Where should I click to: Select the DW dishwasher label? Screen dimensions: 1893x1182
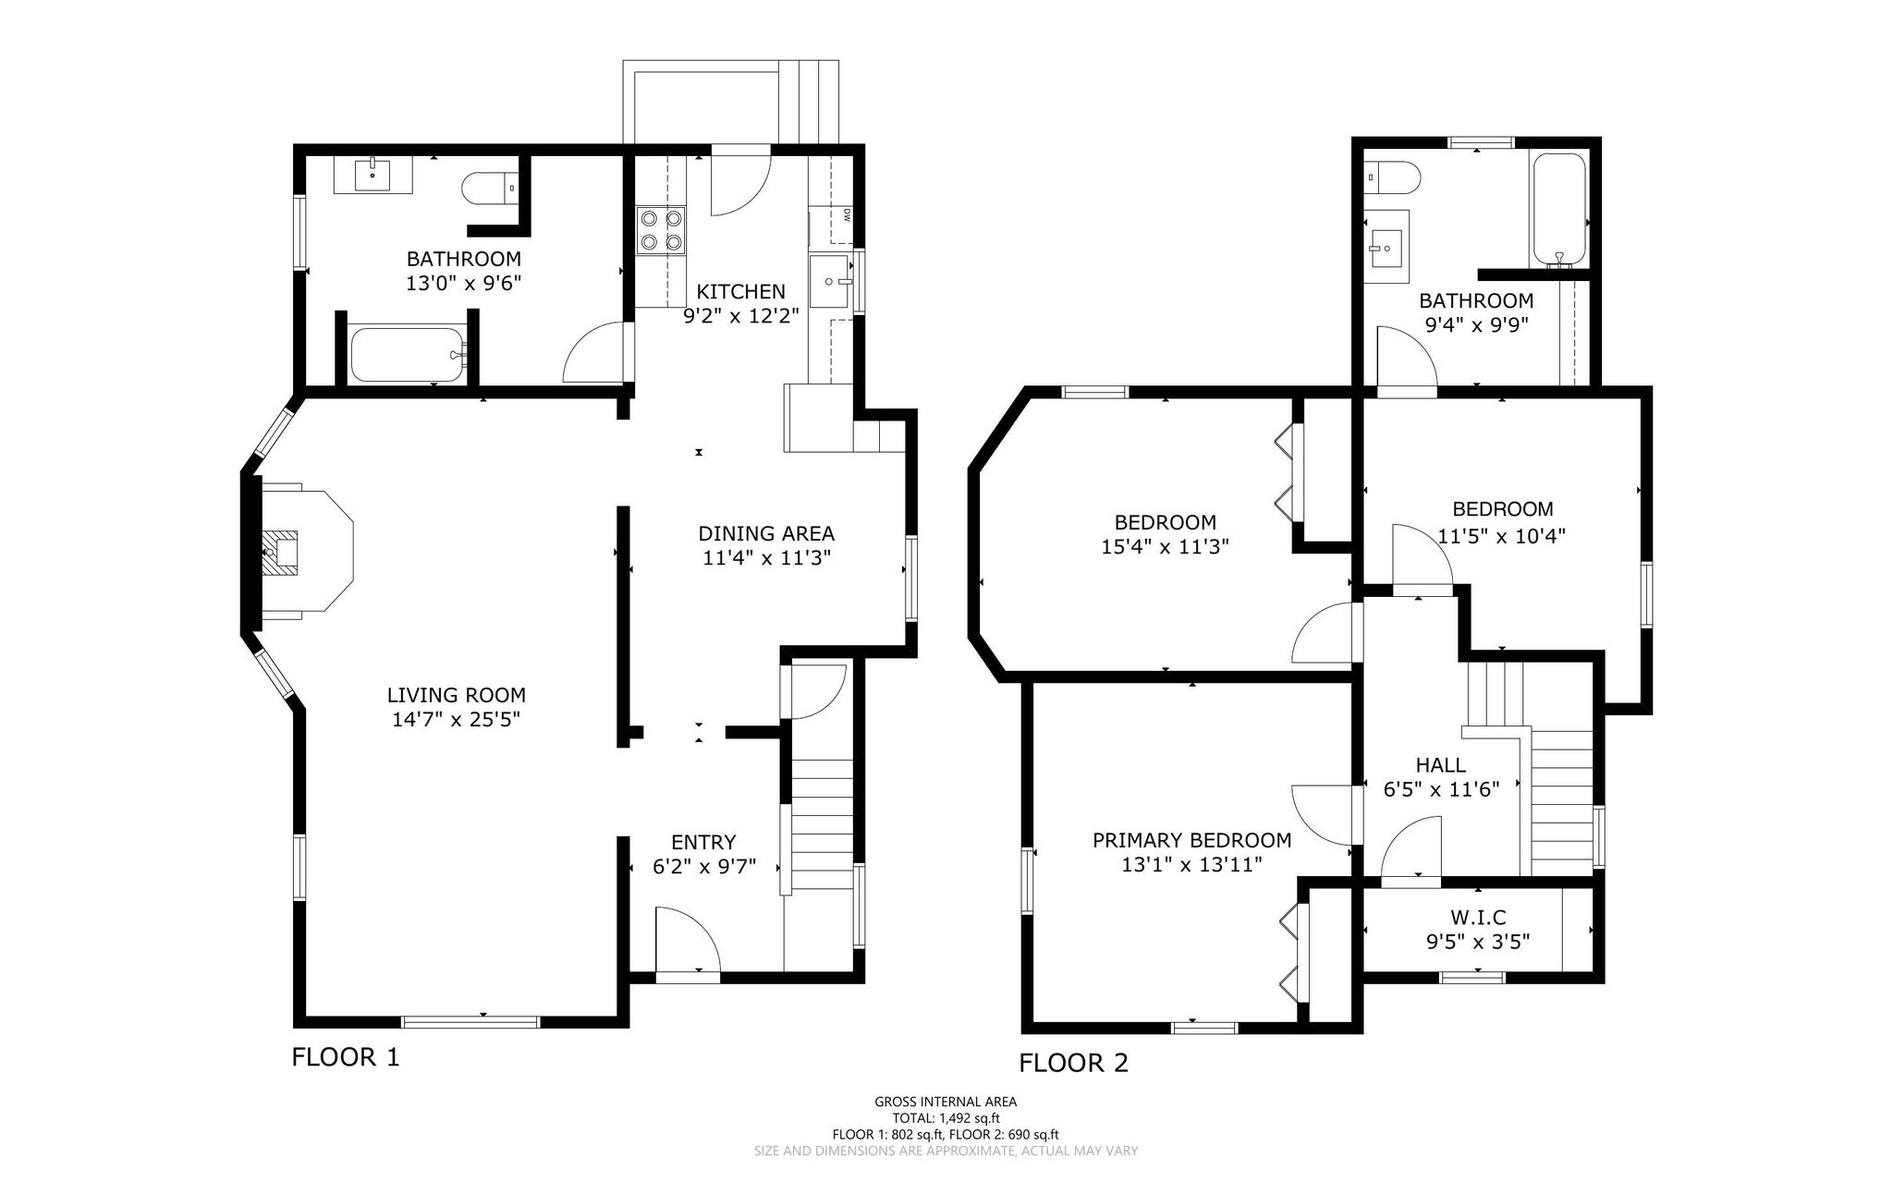846,216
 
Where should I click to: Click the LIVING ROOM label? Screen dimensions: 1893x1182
457,695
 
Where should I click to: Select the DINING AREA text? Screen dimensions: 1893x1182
766,533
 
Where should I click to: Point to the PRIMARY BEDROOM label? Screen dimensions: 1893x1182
1192,840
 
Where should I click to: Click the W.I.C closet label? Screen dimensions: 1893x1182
1478,917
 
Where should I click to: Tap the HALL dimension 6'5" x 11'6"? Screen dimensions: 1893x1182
1440,789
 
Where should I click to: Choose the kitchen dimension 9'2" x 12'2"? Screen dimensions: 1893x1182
741,316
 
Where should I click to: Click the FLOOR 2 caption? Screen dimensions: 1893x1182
1073,1064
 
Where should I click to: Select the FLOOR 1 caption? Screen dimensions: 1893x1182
346,1057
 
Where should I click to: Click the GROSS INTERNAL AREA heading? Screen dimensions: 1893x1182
946,1102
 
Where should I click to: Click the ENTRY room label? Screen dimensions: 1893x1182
703,842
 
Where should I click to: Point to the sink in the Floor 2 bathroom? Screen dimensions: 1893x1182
1386,247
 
